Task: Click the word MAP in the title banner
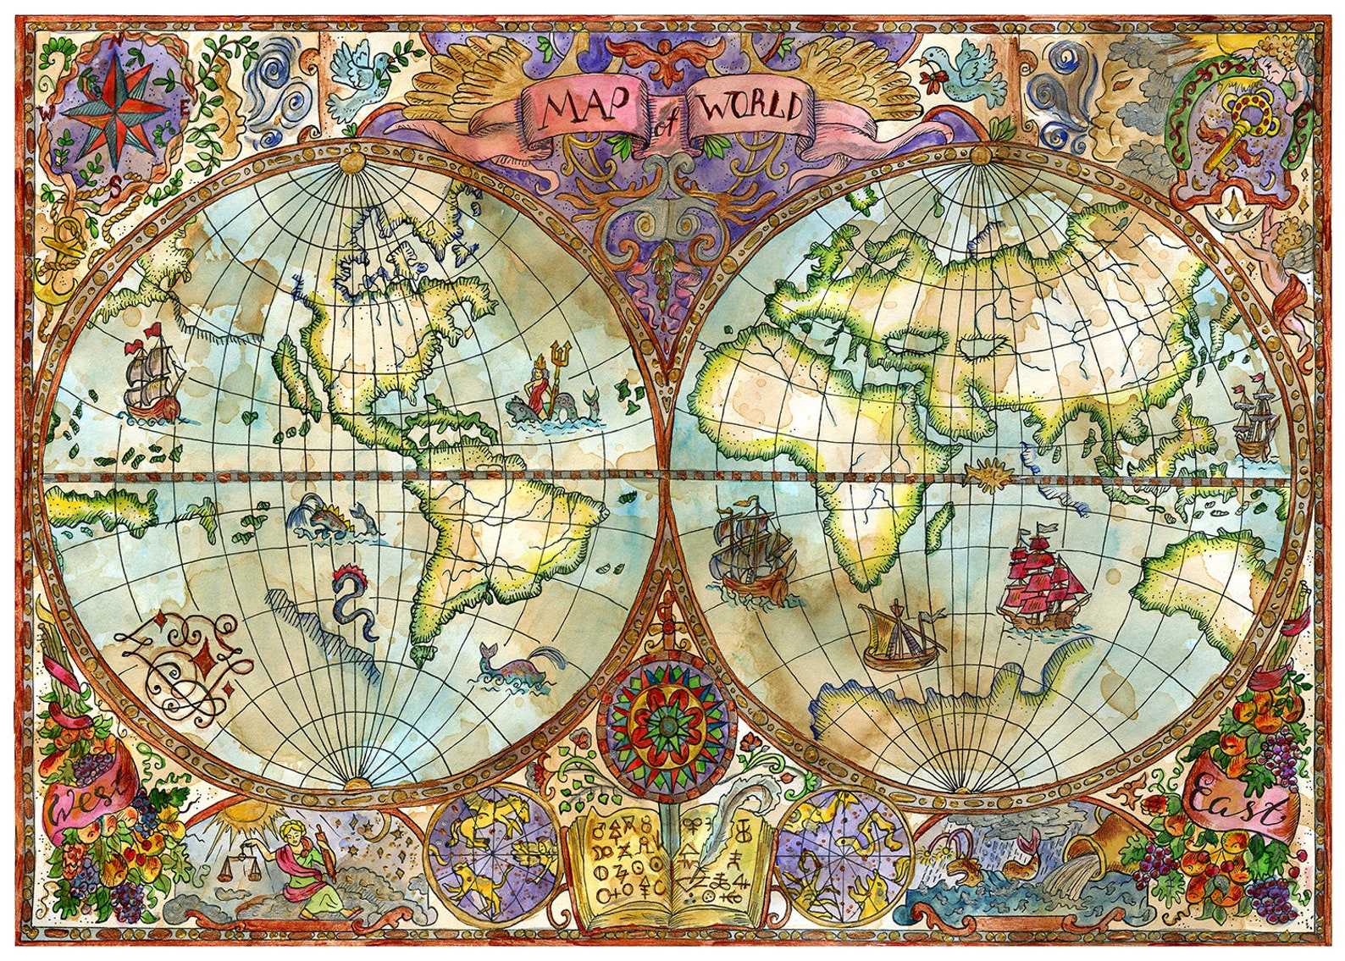pyautogui.click(x=584, y=108)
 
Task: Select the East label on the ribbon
pyautogui.click(x=1237, y=804)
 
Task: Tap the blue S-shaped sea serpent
pyautogui.click(x=353, y=601)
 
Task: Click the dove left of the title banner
pyautogui.click(x=357, y=80)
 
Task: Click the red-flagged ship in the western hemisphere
pyautogui.click(x=153, y=377)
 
